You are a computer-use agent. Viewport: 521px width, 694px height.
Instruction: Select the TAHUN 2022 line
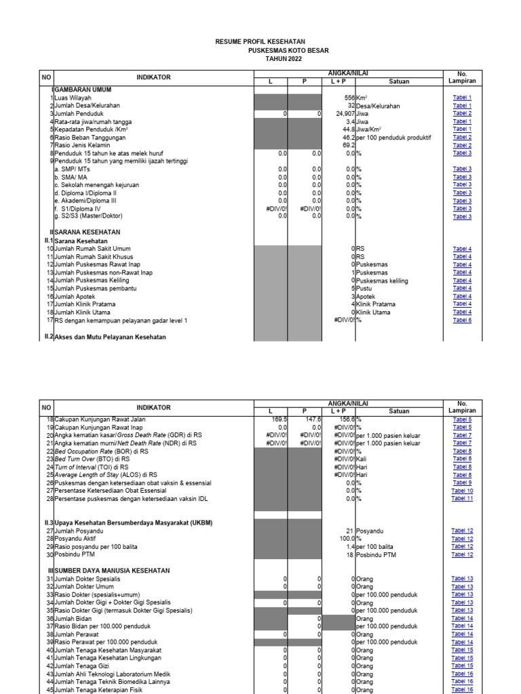pyautogui.click(x=284, y=59)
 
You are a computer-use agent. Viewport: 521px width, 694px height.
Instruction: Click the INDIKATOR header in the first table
pyautogui.click(x=153, y=77)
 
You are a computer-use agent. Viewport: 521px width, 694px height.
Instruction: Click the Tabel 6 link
pyautogui.click(x=462, y=320)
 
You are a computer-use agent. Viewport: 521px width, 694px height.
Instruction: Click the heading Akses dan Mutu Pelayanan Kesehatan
pyautogui.click(x=110, y=337)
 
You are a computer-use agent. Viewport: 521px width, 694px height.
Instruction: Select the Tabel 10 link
pyautogui.click(x=462, y=491)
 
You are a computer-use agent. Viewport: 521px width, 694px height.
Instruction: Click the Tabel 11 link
pyautogui.click(x=462, y=499)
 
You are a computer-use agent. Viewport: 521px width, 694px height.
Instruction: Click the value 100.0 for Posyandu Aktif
pyautogui.click(x=347, y=539)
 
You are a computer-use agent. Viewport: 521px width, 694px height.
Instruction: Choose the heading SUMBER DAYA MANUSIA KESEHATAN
pyautogui.click(x=112, y=571)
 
